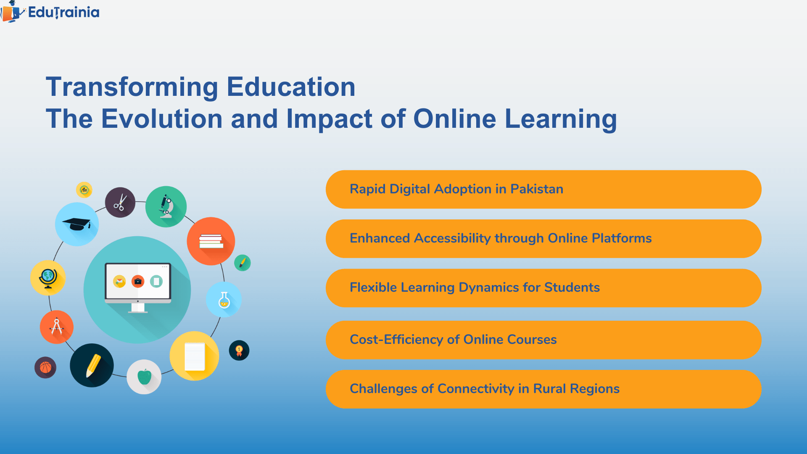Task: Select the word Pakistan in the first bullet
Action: pyautogui.click(x=536, y=189)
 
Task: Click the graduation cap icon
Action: pyautogui.click(x=77, y=224)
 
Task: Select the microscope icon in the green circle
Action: pyautogui.click(x=166, y=206)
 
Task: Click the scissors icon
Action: pyautogui.click(x=120, y=202)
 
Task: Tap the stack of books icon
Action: pyautogui.click(x=211, y=241)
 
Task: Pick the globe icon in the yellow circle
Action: pyautogui.click(x=48, y=278)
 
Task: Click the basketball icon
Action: pyautogui.click(x=45, y=368)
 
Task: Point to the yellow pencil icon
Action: pyautogui.click(x=92, y=365)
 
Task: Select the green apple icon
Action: pyautogui.click(x=144, y=377)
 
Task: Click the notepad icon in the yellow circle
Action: pyautogui.click(x=195, y=356)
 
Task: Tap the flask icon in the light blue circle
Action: pyautogui.click(x=224, y=300)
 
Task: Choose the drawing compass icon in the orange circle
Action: pyautogui.click(x=57, y=327)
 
